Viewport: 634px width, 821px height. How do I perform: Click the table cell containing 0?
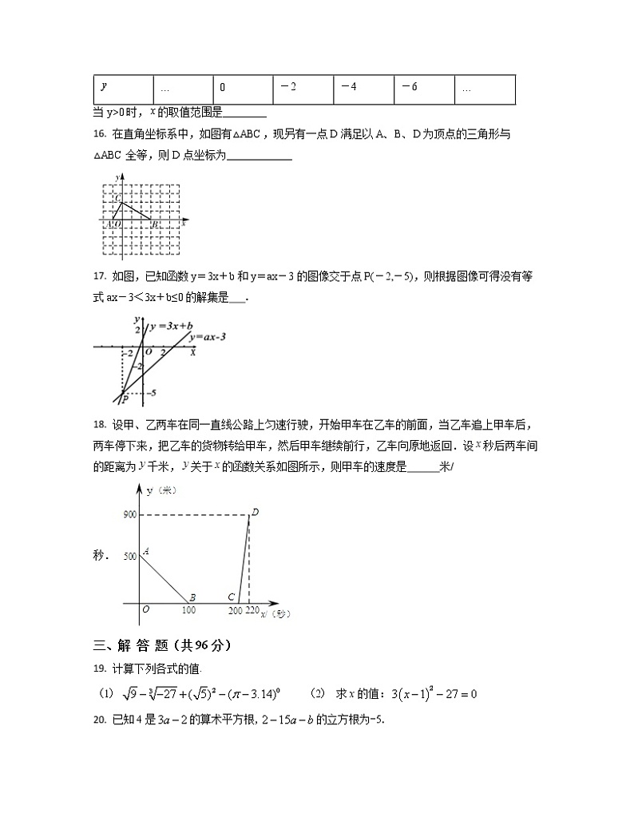pos(243,88)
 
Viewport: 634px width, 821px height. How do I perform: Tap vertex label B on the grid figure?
pos(154,225)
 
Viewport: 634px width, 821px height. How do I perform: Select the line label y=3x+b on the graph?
pos(172,326)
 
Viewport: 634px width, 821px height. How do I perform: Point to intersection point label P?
pos(125,397)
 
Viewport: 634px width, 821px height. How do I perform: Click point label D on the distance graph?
pos(255,512)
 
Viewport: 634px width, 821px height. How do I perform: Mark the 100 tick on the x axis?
pos(188,611)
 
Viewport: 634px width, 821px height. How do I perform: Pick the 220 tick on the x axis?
pos(252,611)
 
